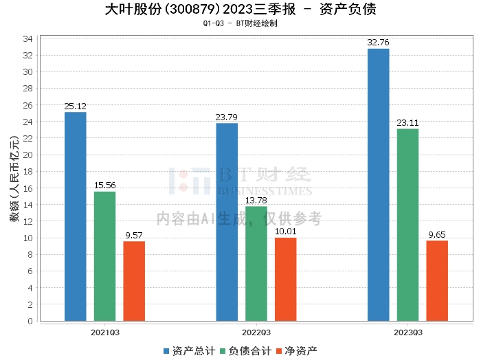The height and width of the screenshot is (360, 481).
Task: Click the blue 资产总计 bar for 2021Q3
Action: point(76,216)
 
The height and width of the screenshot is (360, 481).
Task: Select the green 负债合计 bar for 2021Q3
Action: point(105,256)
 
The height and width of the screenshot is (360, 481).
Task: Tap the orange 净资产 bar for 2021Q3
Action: point(135,281)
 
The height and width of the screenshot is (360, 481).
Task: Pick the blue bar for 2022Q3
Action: point(227,222)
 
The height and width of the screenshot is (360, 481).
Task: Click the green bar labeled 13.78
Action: point(256,264)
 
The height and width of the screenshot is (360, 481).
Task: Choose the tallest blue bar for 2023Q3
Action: point(378,185)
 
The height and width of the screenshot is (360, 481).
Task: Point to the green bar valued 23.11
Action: point(407,225)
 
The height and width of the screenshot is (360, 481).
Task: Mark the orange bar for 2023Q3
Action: point(437,280)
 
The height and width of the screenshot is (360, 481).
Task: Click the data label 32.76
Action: point(378,43)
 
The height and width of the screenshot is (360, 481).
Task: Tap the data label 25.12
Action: point(76,106)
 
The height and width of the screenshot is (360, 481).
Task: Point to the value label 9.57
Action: point(135,235)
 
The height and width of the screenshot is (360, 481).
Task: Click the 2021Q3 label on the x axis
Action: point(105,332)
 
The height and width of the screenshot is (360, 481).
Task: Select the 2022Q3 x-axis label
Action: point(256,332)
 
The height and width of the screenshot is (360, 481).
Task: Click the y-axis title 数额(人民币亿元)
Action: point(14,179)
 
